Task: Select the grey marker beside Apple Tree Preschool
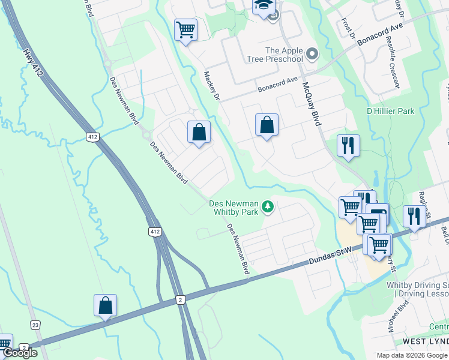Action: (x=312, y=55)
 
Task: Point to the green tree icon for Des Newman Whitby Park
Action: (x=268, y=207)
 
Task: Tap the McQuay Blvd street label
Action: (x=313, y=104)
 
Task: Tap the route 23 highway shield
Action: (x=37, y=325)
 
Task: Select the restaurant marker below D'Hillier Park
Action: (x=348, y=145)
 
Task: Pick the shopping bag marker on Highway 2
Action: (x=106, y=305)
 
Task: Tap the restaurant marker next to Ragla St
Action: (x=414, y=217)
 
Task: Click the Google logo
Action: (x=20, y=353)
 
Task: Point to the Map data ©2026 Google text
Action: (x=412, y=355)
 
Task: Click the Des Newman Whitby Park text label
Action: (x=233, y=208)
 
